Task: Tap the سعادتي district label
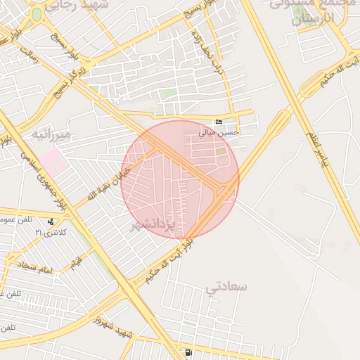pyautogui.click(x=227, y=286)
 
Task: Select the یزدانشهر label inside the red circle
pyautogui.click(x=153, y=224)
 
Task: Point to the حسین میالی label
pyautogui.click(x=219, y=131)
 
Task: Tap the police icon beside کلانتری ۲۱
pyautogui.click(x=50, y=221)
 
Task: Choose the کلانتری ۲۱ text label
pyautogui.click(x=51, y=231)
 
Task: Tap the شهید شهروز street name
pyautogui.click(x=116, y=326)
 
